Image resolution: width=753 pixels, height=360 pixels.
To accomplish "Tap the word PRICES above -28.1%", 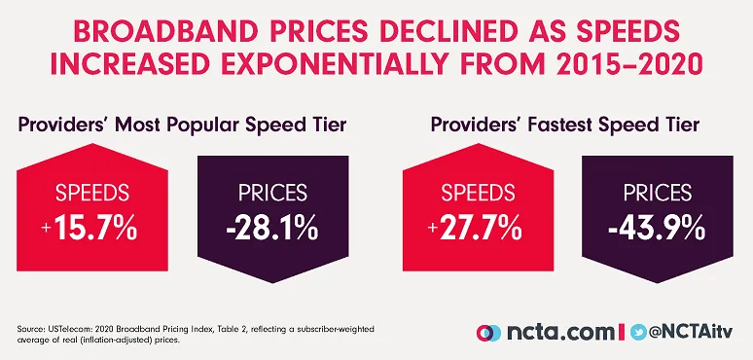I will coord(269,195).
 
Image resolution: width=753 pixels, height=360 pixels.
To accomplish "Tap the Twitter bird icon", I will coord(639,331).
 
